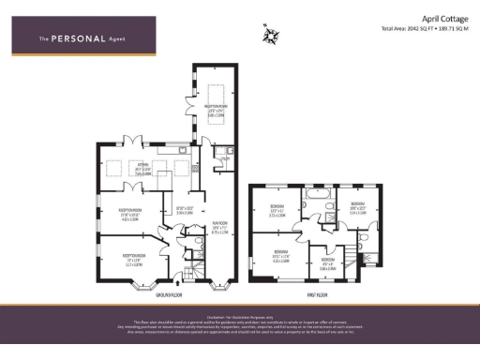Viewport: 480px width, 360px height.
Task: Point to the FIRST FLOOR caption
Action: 317,295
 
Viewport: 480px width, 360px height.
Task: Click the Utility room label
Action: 223,160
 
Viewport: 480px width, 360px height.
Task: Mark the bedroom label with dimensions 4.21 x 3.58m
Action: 279,254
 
